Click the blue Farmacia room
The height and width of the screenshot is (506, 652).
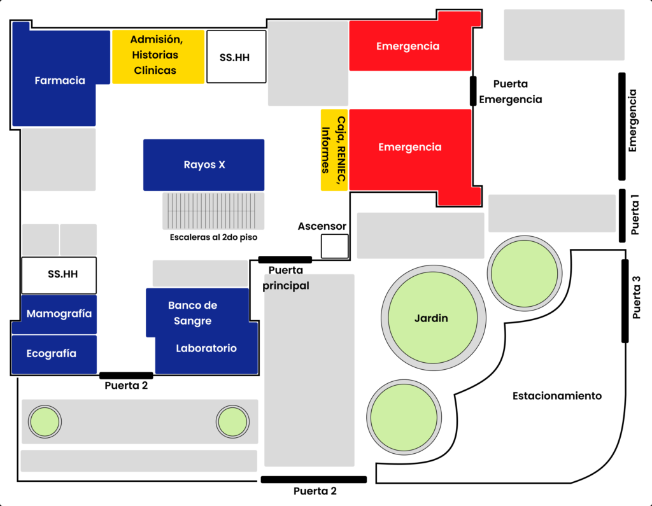tap(60, 80)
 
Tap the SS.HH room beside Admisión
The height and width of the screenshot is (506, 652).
tap(236, 57)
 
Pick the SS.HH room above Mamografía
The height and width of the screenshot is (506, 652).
tap(59, 275)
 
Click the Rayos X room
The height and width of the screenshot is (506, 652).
tap(204, 165)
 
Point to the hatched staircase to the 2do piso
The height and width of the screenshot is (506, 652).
tap(213, 211)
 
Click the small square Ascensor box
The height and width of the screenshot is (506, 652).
tap(334, 246)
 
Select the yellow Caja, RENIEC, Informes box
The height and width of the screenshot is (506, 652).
tap(334, 150)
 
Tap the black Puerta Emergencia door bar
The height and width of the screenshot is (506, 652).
tap(473, 90)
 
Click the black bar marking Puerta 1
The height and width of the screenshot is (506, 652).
tap(622, 216)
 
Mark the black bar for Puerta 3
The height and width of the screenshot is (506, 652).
tap(625, 300)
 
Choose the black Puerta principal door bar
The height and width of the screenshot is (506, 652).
tap(285, 259)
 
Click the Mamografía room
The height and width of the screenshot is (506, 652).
tap(59, 314)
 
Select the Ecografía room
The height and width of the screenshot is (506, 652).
tap(53, 354)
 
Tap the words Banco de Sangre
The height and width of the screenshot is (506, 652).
tap(193, 313)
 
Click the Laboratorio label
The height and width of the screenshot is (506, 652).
tap(206, 348)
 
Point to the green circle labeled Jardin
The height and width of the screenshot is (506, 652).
tap(431, 318)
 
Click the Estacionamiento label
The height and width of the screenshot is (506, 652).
tap(556, 396)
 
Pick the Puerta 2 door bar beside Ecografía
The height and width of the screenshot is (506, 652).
tap(126, 376)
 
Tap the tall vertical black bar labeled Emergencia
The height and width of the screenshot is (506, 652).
tap(622, 126)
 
